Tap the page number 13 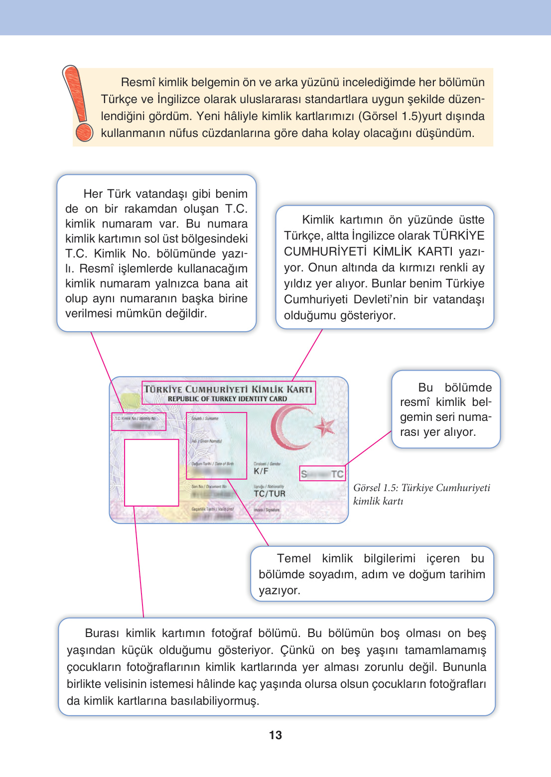(275, 735)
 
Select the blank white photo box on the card (151, 472)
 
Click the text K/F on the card (261, 471)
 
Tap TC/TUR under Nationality (269, 494)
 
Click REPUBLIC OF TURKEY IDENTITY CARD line (227, 399)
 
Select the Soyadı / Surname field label (205, 418)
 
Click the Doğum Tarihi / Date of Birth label (212, 464)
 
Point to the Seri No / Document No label (209, 487)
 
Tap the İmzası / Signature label (267, 510)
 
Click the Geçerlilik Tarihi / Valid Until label (212, 509)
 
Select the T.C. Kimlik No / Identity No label (135, 418)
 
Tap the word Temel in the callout (293, 558)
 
